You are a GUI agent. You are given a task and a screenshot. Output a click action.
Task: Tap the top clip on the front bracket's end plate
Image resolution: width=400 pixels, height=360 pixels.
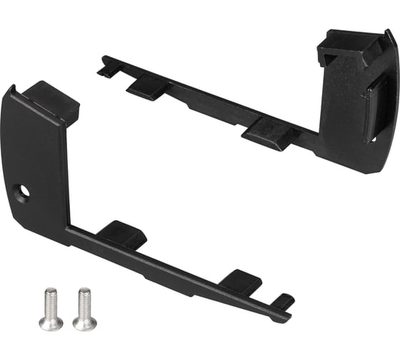[54, 100]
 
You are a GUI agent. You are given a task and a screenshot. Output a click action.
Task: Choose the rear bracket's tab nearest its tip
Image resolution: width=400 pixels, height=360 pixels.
[146, 86]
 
